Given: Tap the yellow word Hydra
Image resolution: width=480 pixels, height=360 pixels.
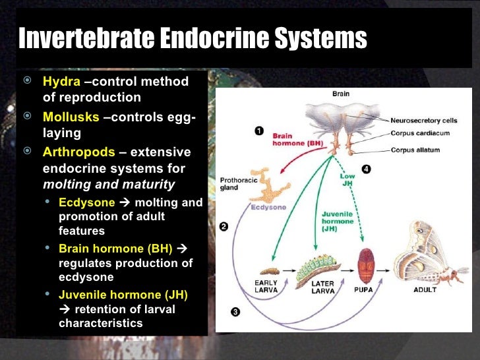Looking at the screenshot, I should (x=61, y=82).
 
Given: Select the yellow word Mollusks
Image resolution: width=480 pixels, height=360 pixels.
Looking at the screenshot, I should (x=71, y=117).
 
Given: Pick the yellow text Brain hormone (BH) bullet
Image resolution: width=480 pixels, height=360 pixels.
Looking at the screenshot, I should (x=115, y=249).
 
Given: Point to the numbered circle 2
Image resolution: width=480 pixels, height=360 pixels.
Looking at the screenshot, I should (x=224, y=227).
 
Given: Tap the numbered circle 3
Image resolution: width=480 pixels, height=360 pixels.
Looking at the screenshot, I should (x=235, y=310).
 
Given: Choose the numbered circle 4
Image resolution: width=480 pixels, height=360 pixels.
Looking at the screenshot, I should (x=366, y=169).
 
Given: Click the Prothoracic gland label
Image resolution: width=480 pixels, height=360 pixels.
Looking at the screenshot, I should (x=234, y=183).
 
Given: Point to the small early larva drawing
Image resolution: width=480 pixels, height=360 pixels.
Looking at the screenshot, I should (x=271, y=270).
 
